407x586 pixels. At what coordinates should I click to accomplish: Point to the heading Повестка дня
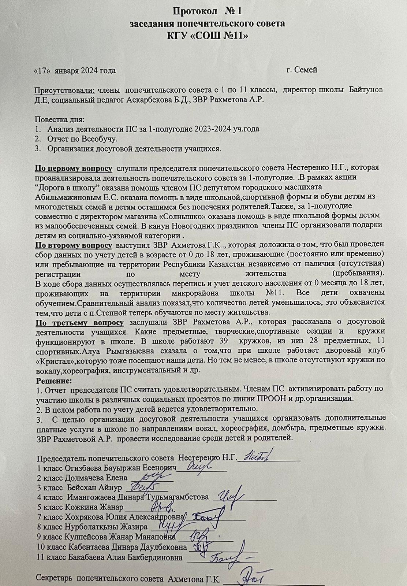60,120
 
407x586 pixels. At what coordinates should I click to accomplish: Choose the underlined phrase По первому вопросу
73,168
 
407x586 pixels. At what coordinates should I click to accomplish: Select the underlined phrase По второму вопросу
73,245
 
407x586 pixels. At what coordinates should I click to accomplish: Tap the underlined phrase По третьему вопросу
79,322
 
